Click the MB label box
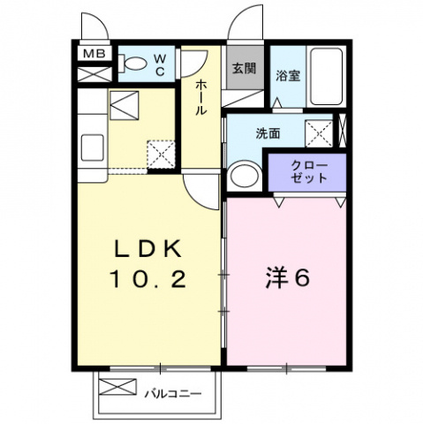(x=94, y=53)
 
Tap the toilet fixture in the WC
(x=132, y=64)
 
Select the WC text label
(x=159, y=65)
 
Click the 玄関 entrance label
(x=244, y=68)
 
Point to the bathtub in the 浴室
(x=327, y=77)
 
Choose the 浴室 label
(x=288, y=75)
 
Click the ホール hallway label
(x=200, y=97)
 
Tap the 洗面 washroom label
(x=268, y=133)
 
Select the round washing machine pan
(x=244, y=176)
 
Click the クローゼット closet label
(x=309, y=172)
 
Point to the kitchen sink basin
(x=92, y=148)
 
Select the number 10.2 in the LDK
(x=147, y=279)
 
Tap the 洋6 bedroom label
(x=288, y=277)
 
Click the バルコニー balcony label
(x=173, y=393)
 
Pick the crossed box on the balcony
(x=117, y=387)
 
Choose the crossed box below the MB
(x=94, y=74)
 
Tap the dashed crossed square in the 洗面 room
(x=319, y=133)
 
